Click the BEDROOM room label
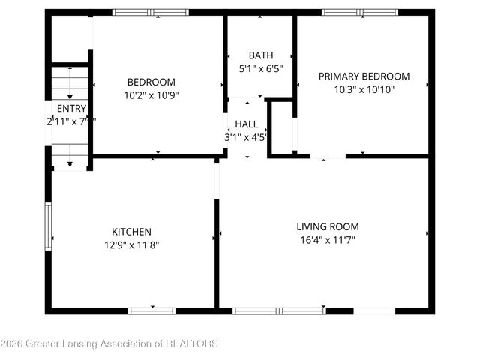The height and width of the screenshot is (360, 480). point(151,82)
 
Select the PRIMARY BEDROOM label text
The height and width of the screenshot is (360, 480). point(364,76)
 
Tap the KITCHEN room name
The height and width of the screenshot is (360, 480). point(131,232)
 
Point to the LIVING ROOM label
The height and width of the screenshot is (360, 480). point(327,226)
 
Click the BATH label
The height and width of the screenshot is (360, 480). point(261,55)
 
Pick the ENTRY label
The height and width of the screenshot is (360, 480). point(71,108)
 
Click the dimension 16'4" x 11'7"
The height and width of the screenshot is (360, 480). point(327,240)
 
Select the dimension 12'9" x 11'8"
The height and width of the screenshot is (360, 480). point(131,244)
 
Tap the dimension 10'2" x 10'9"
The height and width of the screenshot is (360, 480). point(151,94)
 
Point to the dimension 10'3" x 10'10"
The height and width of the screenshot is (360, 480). point(364,88)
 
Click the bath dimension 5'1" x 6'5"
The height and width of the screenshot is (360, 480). point(261,68)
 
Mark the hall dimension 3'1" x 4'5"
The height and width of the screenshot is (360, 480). point(246,137)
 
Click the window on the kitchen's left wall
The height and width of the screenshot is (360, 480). point(48,226)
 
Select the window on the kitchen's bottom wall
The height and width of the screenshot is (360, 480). point(151,310)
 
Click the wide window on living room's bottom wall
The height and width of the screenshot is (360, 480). point(279,310)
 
